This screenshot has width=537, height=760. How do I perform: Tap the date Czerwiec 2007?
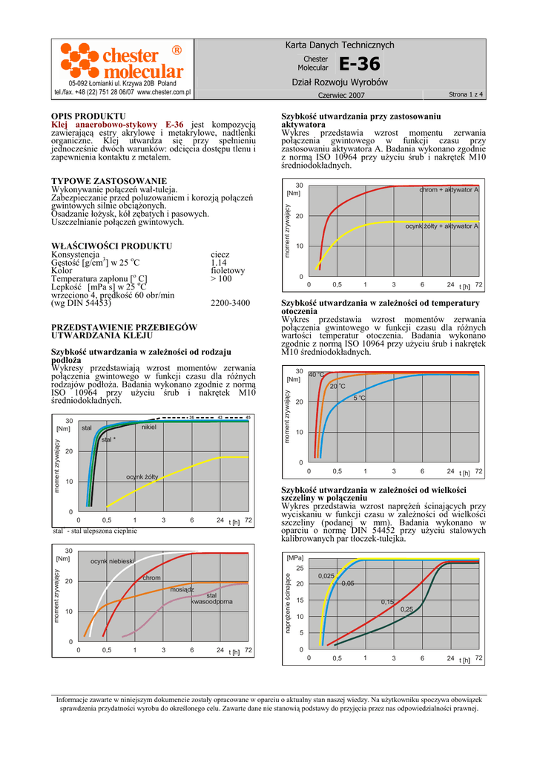click(341, 96)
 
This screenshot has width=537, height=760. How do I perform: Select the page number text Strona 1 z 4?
click(466, 95)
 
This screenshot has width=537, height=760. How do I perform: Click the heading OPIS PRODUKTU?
click(88, 117)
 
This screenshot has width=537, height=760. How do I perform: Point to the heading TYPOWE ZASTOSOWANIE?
click(108, 181)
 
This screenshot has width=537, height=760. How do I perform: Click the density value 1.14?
click(218, 263)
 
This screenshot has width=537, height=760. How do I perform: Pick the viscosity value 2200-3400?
click(230, 303)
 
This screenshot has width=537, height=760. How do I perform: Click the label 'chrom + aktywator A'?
click(449, 191)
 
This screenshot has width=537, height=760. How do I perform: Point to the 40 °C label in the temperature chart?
click(317, 375)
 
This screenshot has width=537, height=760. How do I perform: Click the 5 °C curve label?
click(360, 399)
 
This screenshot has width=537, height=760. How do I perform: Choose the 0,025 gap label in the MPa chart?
click(326, 576)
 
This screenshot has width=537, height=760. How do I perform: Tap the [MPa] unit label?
click(294, 557)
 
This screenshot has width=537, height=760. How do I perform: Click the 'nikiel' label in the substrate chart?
click(148, 427)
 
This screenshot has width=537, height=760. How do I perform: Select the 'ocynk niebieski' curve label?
click(111, 561)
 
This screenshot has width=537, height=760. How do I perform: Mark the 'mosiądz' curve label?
click(182, 589)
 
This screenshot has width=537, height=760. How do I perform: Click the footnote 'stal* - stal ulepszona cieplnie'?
click(95, 531)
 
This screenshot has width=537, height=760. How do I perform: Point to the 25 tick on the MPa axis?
click(300, 568)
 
